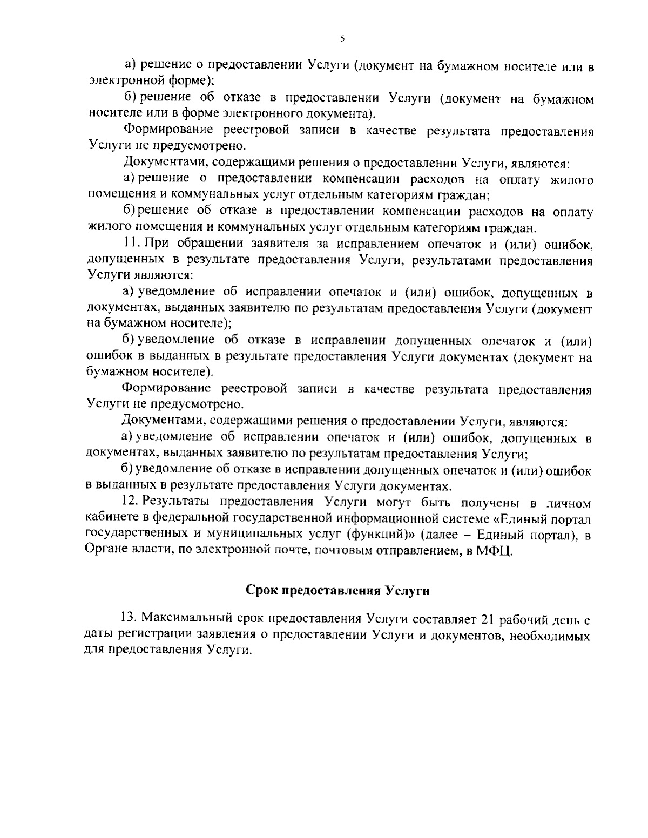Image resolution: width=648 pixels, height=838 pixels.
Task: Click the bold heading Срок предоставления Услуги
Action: [x=338, y=590]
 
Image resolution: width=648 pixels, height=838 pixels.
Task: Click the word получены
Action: [x=492, y=502]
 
